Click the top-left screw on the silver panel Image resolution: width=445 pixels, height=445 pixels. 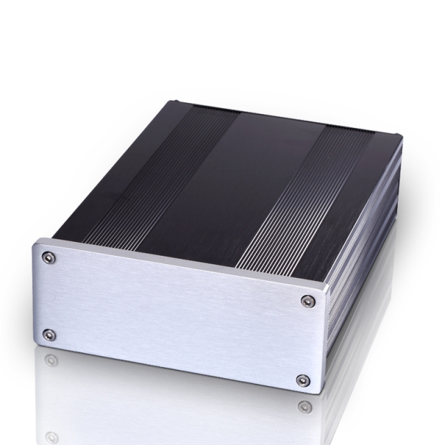click(47, 258)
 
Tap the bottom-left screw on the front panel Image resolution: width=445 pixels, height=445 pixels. click(47, 335)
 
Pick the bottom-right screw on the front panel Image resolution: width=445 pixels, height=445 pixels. click(302, 380)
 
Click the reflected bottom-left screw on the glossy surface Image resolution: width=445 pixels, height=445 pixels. click(49, 360)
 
